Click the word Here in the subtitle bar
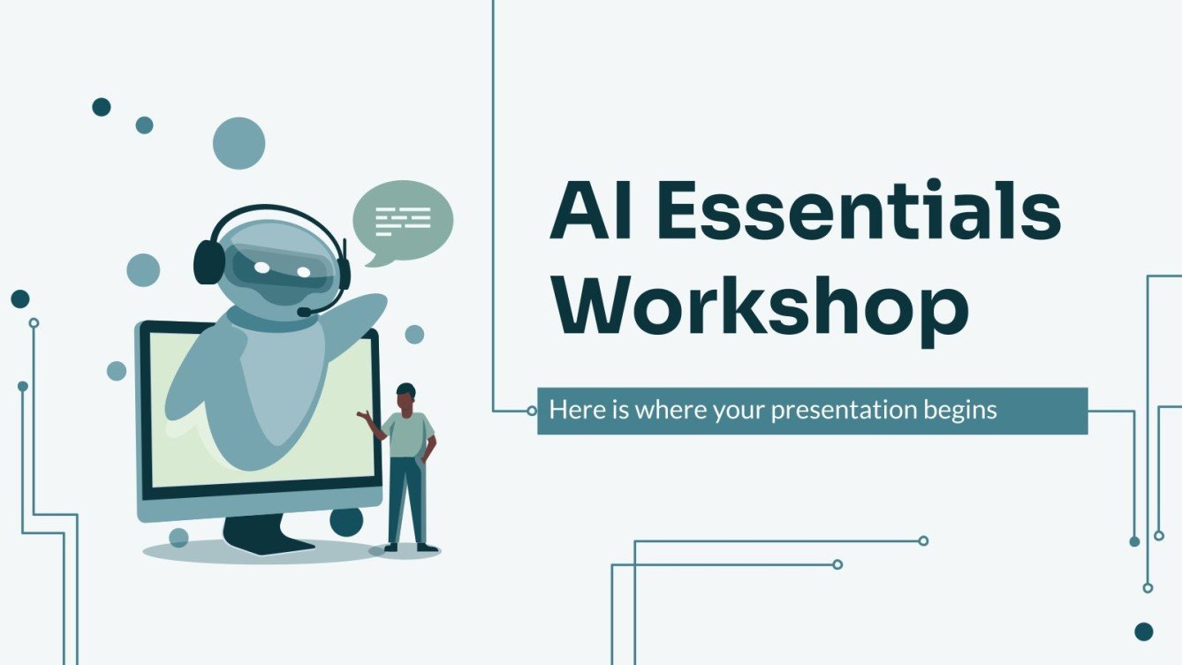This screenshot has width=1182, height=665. coord(570,411)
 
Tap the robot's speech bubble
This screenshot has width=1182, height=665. coord(403,219)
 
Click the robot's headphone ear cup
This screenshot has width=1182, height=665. coord(209,261)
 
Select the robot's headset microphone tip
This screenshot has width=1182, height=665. coord(304,312)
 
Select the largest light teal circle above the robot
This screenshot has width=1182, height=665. coord(239,143)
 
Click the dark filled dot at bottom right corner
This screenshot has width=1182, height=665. coord(1144,631)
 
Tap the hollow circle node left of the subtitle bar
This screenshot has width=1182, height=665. coord(531,411)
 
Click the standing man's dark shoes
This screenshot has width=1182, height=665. coord(412,548)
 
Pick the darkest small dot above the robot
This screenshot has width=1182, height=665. coord(102,107)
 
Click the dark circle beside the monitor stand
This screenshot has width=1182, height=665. coord(346,521)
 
